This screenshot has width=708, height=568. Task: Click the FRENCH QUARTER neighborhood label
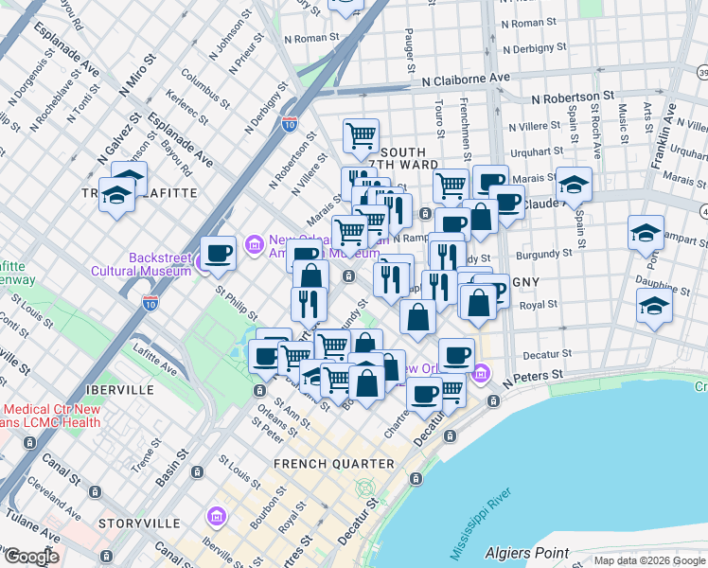[333, 464]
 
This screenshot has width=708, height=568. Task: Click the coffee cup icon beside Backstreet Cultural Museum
[219, 254]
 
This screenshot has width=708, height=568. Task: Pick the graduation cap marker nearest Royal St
[654, 306]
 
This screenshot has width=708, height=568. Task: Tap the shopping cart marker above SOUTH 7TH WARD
[361, 136]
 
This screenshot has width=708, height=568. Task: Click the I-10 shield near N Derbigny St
[290, 123]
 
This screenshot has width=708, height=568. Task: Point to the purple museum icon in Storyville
[216, 518]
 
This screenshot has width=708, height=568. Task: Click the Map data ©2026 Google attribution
[648, 560]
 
